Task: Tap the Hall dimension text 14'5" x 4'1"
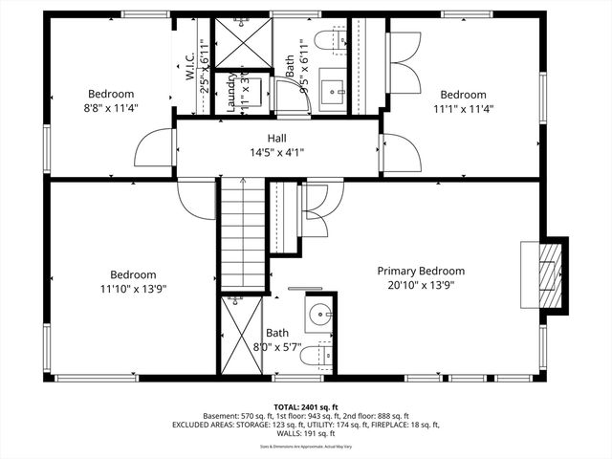pyautogui.click(x=276, y=152)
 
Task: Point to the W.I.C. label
pyautogui.click(x=189, y=64)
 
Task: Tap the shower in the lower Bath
pyautogui.click(x=237, y=335)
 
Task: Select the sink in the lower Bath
pyautogui.click(x=320, y=315)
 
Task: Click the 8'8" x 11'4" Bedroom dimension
pyautogui.click(x=110, y=108)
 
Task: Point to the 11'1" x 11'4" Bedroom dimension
pyautogui.click(x=463, y=109)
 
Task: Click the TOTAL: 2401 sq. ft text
pyautogui.click(x=305, y=406)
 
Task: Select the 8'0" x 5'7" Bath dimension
pyautogui.click(x=277, y=347)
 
